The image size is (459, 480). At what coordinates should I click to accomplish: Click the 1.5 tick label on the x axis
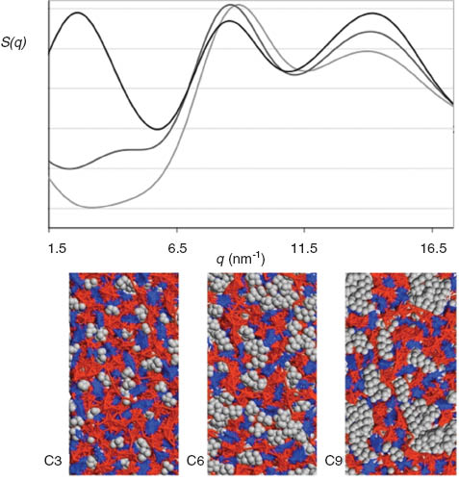tap(57, 249)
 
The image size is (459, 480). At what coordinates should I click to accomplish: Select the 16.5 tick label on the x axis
tap(434, 249)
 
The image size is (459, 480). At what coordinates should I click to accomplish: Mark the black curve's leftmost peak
tap(77, 13)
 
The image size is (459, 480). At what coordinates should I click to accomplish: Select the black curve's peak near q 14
tap(372, 14)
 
